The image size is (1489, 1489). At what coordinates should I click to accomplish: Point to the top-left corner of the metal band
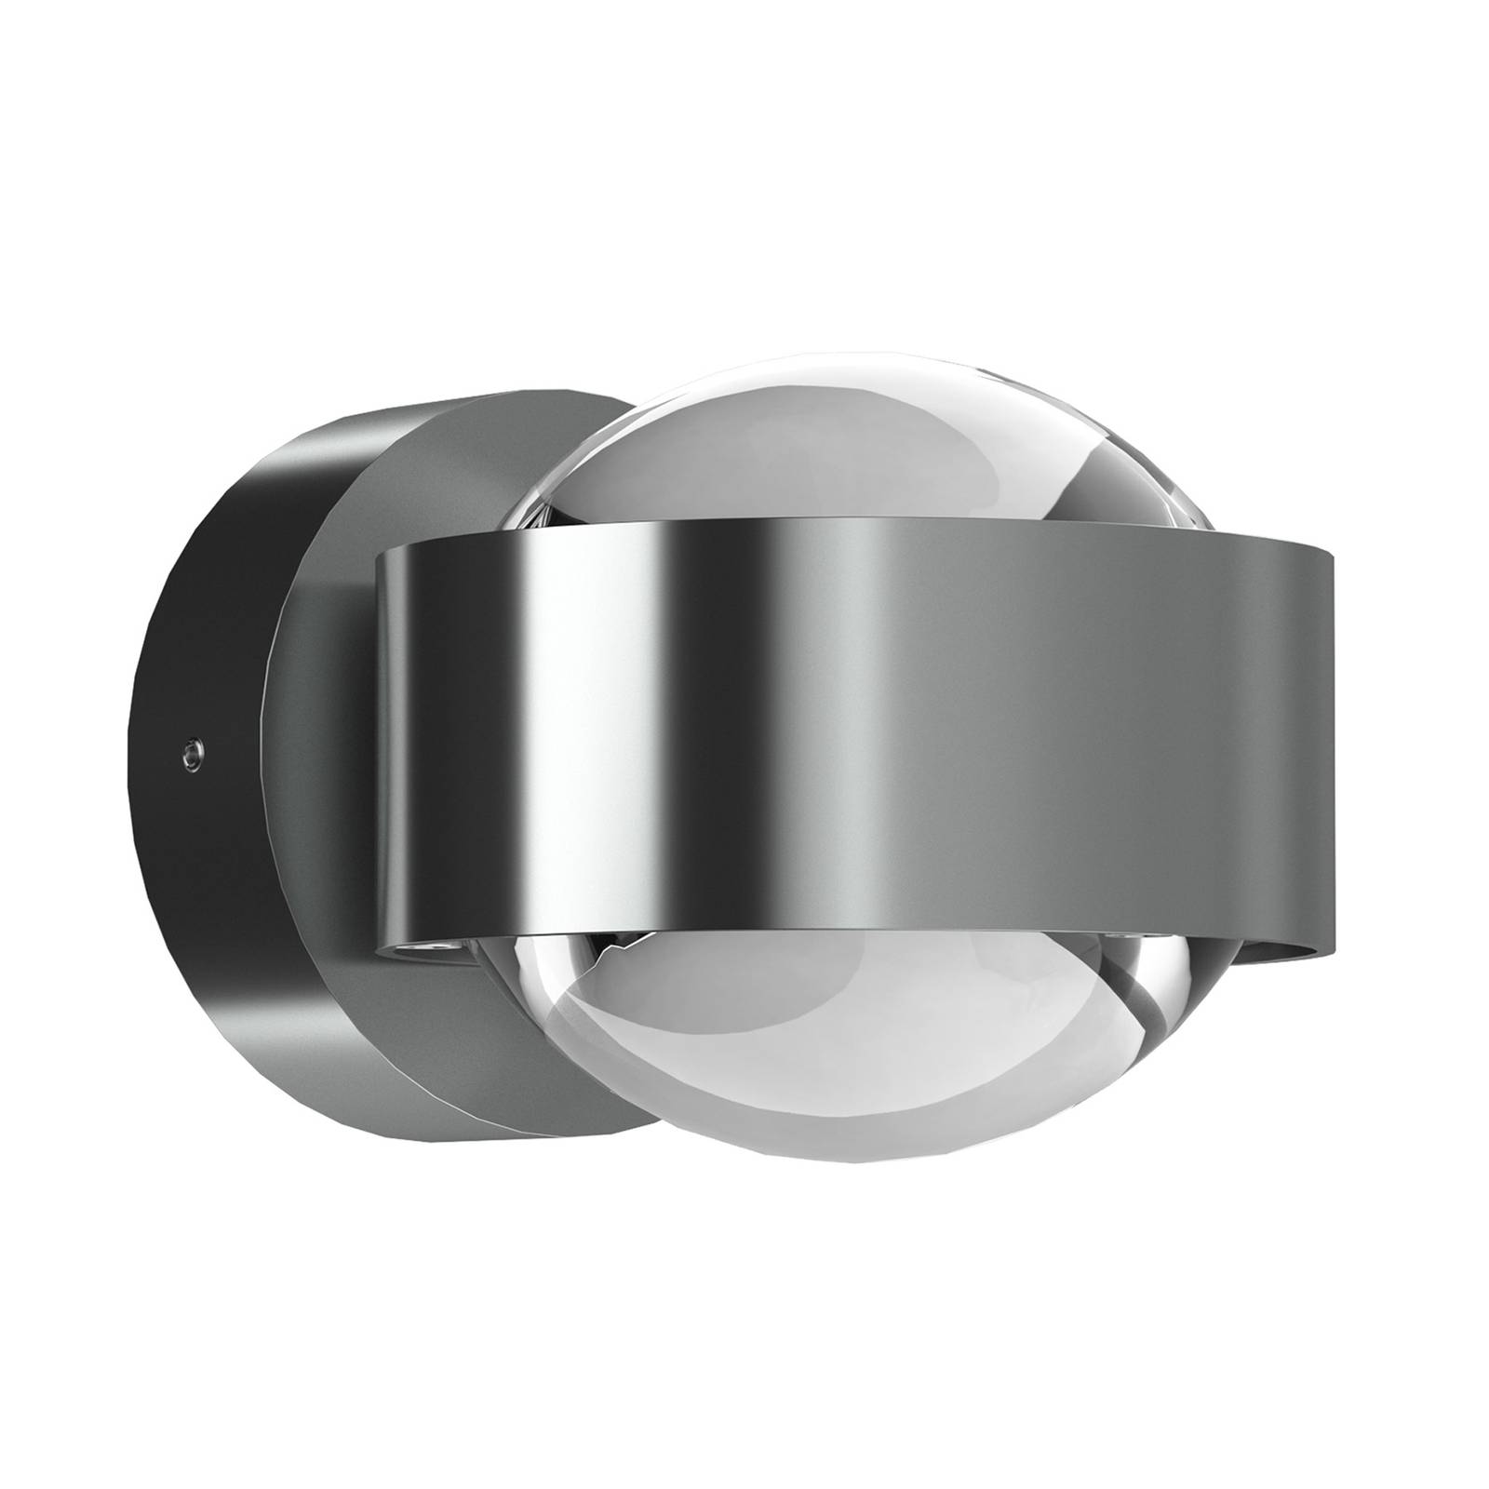(x=378, y=553)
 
